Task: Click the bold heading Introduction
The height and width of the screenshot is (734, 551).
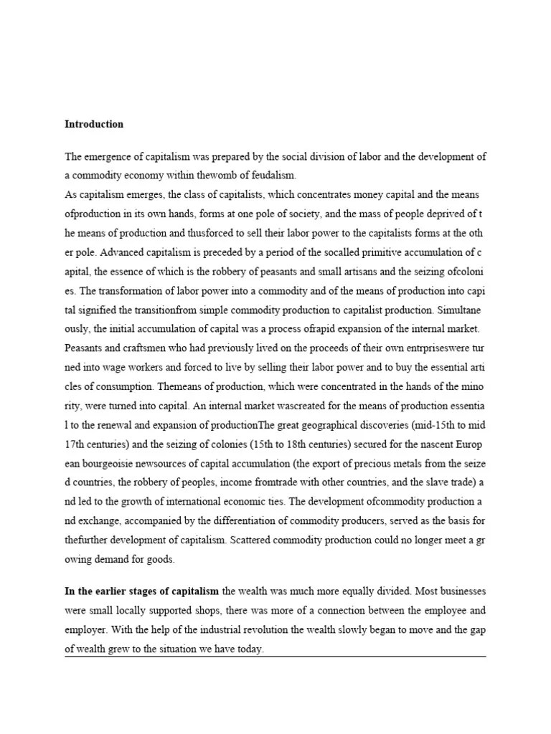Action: click(x=94, y=124)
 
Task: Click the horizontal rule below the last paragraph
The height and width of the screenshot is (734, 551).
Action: click(x=275, y=657)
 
